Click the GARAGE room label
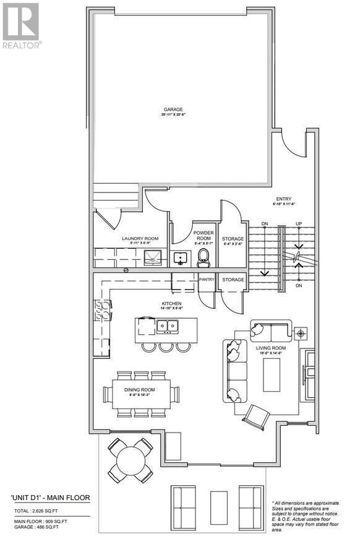pos(173,110)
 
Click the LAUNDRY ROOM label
pos(140,238)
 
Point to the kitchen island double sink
pos(166,325)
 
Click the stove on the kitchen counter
pos(101,311)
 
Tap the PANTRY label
pos(207,280)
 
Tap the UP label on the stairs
pos(299,223)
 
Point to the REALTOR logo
pos(22,25)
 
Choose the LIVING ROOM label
pos(271,348)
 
